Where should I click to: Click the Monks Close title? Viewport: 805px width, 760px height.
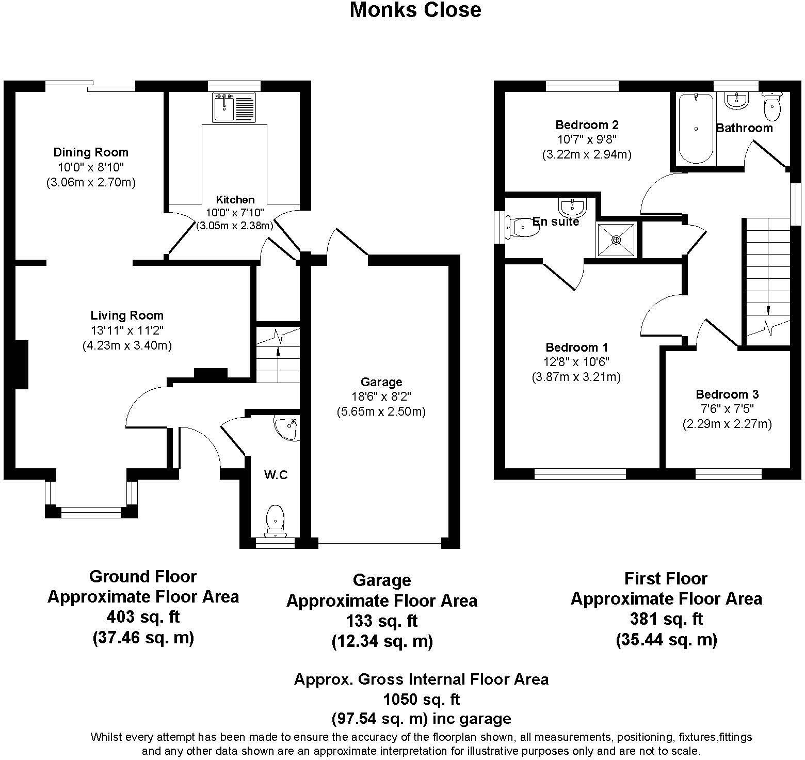coord(415,10)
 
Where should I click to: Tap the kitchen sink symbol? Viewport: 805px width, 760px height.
coord(234,107)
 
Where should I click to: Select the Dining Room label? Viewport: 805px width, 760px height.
coord(91,152)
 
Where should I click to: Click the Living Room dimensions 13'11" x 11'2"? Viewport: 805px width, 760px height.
coord(127,330)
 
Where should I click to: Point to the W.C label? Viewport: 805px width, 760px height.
coord(276,475)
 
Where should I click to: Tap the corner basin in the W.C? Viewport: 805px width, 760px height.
coord(287,429)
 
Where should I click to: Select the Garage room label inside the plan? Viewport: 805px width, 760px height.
coord(381,382)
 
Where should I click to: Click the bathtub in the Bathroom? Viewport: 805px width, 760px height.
coord(696,128)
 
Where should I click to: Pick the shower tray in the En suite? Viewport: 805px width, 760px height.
coord(617,240)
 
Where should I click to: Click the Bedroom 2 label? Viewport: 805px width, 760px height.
coord(587,124)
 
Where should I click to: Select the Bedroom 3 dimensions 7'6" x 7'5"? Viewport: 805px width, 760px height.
coord(727,409)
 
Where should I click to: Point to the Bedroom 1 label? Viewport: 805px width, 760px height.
coord(576,347)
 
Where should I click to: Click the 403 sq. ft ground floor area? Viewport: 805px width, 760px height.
coord(143,617)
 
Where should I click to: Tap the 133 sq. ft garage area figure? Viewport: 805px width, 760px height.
coord(382,621)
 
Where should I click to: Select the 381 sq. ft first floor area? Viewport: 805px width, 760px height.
coord(666,619)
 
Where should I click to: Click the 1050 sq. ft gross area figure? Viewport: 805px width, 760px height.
coord(421,700)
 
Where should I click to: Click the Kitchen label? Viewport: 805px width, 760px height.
coord(235,200)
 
